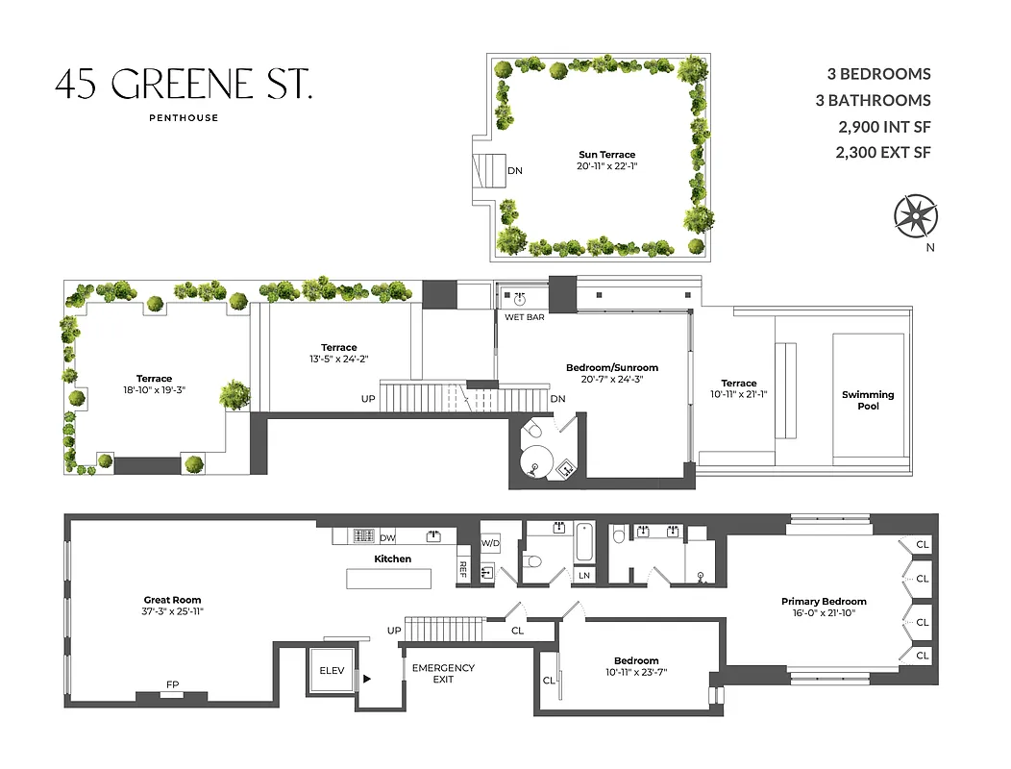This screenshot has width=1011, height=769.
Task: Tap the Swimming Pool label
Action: coord(867,400)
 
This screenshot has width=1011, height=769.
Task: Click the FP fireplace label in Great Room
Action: coord(172,685)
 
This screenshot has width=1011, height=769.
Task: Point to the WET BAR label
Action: coord(524,316)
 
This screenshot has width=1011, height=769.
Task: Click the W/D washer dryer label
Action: coord(490,543)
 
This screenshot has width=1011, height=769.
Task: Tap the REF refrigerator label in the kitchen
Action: coord(462,568)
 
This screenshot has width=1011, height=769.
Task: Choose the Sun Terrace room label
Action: coord(606,154)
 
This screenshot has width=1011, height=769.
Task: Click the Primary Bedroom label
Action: coord(824,602)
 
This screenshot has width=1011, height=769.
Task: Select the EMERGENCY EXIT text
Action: coord(443,674)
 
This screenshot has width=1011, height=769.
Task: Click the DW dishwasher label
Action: coord(387,538)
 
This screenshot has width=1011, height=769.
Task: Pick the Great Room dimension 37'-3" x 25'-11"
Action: coord(173,610)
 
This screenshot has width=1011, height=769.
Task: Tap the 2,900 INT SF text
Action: coord(884,126)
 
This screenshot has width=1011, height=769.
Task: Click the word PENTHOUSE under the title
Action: coord(184,118)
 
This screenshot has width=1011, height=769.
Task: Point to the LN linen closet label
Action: coord(583,575)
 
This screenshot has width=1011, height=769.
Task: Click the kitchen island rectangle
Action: coord(389,578)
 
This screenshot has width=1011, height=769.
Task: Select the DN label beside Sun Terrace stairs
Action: coord(515,171)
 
